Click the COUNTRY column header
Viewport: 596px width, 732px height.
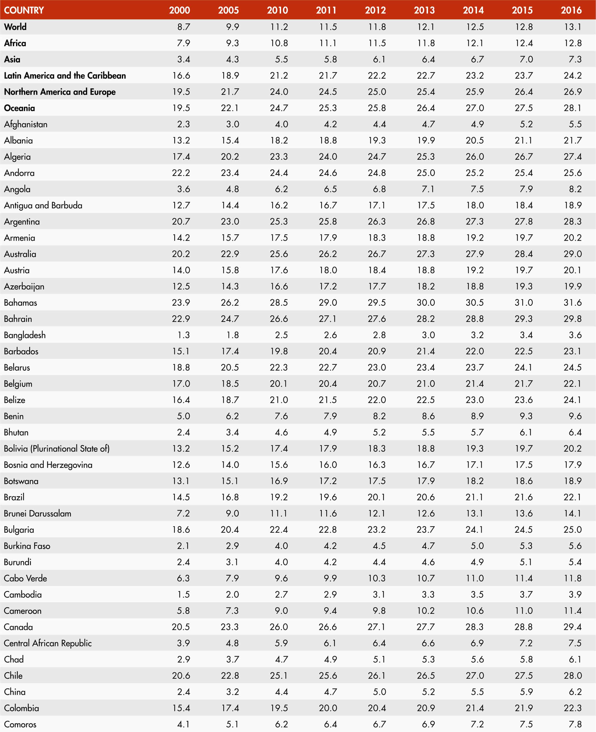point(24,10)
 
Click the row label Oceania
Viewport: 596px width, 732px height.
point(20,108)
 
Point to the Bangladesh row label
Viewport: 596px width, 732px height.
point(25,335)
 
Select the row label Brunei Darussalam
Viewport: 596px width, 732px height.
point(37,513)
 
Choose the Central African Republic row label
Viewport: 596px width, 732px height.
point(48,643)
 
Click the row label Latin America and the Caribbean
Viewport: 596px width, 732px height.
point(65,76)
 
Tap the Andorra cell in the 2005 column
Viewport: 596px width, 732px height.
point(230,173)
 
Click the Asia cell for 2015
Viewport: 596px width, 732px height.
point(526,59)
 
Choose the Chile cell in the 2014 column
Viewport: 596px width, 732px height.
point(474,676)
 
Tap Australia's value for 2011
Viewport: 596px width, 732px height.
point(327,254)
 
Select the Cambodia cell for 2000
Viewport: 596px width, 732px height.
point(183,594)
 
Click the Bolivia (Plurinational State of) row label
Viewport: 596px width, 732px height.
point(57,449)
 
